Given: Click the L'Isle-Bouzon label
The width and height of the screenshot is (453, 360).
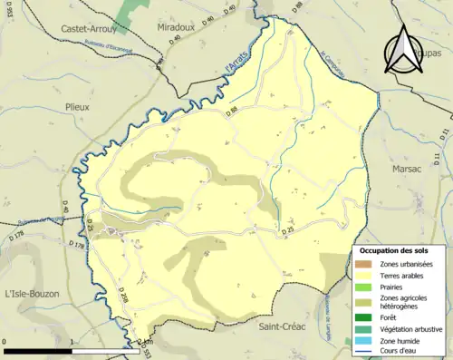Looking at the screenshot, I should [33, 292].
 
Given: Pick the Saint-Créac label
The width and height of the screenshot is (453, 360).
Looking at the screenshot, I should [282, 326].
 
